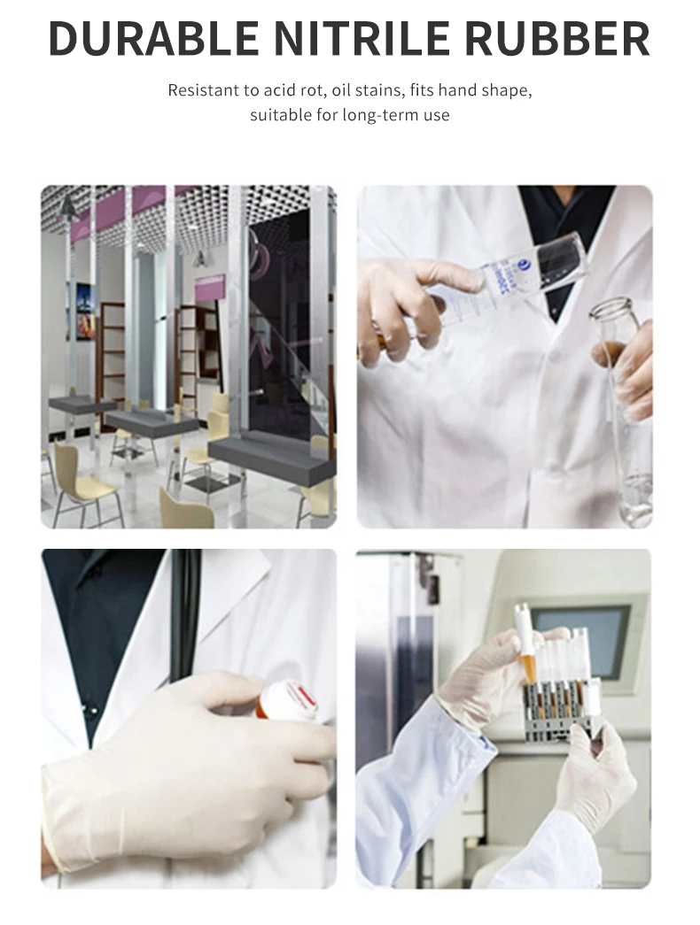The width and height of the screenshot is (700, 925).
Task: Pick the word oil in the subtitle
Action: (x=347, y=90)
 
